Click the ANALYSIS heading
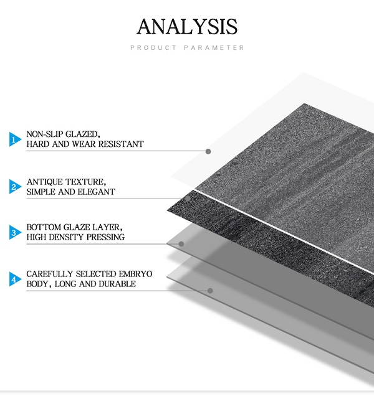pos(187,27)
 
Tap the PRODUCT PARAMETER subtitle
pos(187,47)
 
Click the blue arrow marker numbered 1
pos(15,139)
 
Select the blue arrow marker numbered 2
pos(15,187)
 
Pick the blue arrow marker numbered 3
pos(15,232)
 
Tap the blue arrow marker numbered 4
pos(15,279)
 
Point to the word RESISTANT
pos(121,144)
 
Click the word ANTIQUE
pos(45,182)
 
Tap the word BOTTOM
pos(44,227)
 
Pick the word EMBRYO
pos(135,274)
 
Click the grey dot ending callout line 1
pos(208,151)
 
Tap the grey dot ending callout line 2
pos(188,199)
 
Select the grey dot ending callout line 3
pos(181,244)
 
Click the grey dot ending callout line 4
pos(210,291)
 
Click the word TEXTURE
pos(86,182)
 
